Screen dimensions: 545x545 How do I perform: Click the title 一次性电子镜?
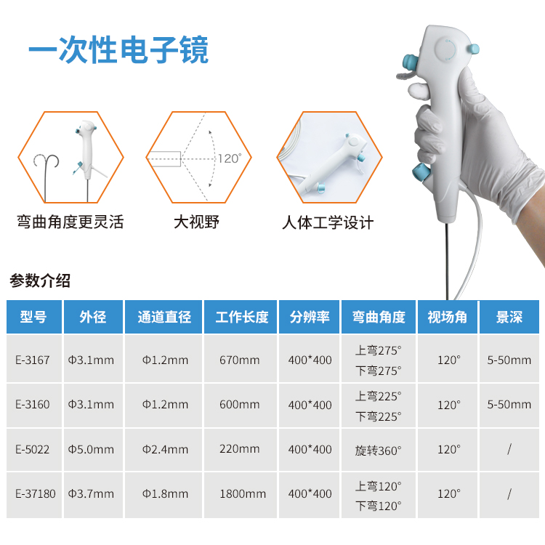click(118, 49)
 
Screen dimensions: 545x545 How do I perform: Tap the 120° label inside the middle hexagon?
click(230, 158)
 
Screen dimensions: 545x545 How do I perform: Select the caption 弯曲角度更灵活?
click(70, 222)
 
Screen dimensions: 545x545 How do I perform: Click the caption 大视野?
click(196, 222)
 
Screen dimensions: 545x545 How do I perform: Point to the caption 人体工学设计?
click(328, 222)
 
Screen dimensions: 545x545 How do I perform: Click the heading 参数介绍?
click(40, 280)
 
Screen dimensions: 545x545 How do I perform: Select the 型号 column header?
click(33, 317)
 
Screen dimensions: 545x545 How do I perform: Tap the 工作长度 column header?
click(242, 317)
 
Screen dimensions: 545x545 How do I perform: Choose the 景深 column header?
click(509, 317)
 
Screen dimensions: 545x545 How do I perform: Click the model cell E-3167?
click(33, 360)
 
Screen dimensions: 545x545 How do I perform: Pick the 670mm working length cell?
click(240, 360)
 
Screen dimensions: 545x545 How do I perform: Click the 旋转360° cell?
click(378, 451)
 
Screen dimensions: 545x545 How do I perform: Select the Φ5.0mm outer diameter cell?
click(91, 449)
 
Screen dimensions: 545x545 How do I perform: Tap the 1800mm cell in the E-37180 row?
click(243, 493)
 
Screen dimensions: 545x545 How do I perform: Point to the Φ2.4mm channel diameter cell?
click(165, 449)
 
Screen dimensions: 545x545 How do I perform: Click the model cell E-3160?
click(33, 404)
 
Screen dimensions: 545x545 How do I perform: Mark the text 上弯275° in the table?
click(378, 350)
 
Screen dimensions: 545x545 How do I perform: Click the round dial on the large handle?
click(445, 50)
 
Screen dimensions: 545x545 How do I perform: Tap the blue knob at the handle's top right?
click(473, 49)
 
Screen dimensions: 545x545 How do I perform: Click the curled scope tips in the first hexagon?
click(47, 161)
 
